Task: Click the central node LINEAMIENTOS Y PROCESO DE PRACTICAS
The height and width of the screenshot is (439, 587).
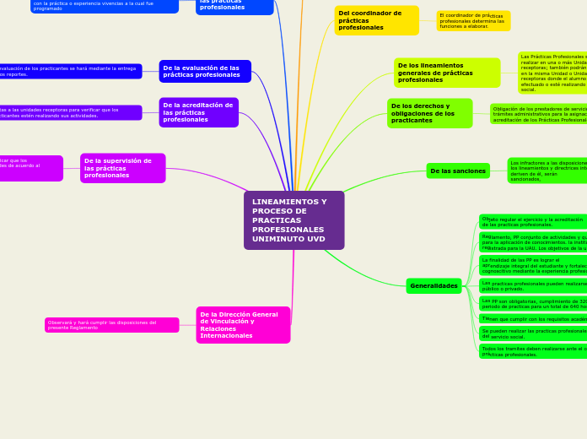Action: click(293, 219)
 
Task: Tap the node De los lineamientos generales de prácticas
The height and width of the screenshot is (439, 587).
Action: click(446, 73)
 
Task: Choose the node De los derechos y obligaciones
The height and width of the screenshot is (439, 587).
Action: click(429, 113)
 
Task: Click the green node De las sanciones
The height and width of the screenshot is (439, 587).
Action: click(458, 171)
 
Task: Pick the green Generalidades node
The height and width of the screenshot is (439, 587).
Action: click(434, 286)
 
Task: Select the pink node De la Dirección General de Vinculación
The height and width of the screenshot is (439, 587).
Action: click(243, 325)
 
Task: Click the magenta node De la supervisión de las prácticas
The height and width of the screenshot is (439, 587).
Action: click(122, 168)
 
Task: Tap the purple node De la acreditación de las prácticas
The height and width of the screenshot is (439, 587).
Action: click(198, 112)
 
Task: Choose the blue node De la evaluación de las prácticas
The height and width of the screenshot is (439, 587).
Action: click(205, 71)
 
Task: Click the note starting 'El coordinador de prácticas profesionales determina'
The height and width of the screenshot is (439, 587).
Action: click(473, 21)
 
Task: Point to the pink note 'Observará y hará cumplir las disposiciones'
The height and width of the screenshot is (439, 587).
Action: click(111, 325)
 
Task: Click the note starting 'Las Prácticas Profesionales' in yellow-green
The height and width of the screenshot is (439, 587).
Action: click(552, 73)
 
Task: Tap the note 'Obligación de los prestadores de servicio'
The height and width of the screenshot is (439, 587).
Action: click(539, 114)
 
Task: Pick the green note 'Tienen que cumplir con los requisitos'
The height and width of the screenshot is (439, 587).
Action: click(533, 319)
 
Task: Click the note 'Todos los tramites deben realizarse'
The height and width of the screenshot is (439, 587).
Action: click(533, 351)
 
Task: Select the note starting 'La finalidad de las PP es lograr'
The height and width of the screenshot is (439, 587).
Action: click(533, 266)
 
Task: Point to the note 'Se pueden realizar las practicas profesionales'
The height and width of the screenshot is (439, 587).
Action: click(533, 333)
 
